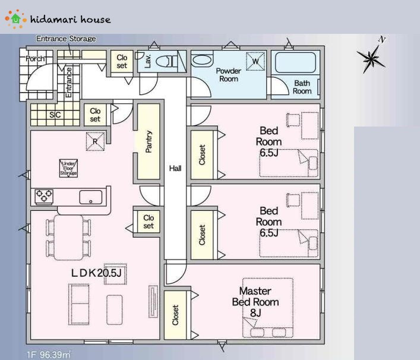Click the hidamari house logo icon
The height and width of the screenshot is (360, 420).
(x=16, y=19)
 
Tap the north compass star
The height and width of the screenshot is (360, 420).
(x=371, y=59)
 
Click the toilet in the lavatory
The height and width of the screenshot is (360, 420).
(x=166, y=62)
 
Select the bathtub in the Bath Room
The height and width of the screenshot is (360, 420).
(x=295, y=62)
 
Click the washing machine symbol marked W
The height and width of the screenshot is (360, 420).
(x=255, y=61)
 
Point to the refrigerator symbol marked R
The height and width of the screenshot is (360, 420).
(x=95, y=141)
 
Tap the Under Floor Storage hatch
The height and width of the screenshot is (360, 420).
(x=68, y=168)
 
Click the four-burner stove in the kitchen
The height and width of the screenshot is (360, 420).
(x=44, y=197)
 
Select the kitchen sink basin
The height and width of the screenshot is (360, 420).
(x=91, y=197)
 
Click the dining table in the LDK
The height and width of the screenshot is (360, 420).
(x=68, y=238)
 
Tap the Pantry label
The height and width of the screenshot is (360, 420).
(x=149, y=141)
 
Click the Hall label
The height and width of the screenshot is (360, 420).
(x=175, y=168)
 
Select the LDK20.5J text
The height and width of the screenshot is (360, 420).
(x=96, y=273)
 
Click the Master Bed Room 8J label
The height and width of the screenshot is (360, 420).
(x=255, y=302)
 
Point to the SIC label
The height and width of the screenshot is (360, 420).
(x=55, y=115)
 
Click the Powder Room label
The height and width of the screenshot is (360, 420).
(x=229, y=75)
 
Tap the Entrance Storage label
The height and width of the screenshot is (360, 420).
(x=66, y=39)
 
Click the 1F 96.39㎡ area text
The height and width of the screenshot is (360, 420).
(x=49, y=355)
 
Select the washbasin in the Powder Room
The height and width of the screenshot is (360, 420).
(x=202, y=60)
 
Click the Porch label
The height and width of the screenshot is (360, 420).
(x=35, y=58)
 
